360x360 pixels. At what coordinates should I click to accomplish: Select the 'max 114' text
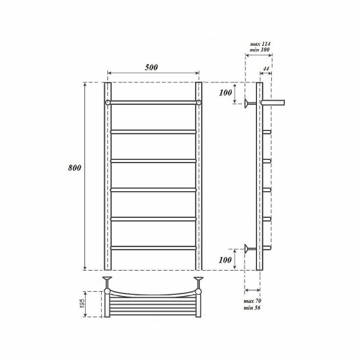tap(261, 44)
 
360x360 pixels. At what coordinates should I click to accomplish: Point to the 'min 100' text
tap(261, 50)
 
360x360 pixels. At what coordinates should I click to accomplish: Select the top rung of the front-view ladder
tap(153, 101)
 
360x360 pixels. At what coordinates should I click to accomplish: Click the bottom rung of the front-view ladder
tap(153, 248)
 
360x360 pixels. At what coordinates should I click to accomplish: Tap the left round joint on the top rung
tap(107, 101)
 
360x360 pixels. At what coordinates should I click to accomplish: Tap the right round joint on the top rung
tap(198, 101)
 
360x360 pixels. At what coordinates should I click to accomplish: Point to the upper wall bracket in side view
tap(250, 102)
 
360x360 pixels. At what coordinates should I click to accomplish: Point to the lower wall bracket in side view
tap(250, 249)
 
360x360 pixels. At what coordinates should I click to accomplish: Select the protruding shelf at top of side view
tap(272, 101)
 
